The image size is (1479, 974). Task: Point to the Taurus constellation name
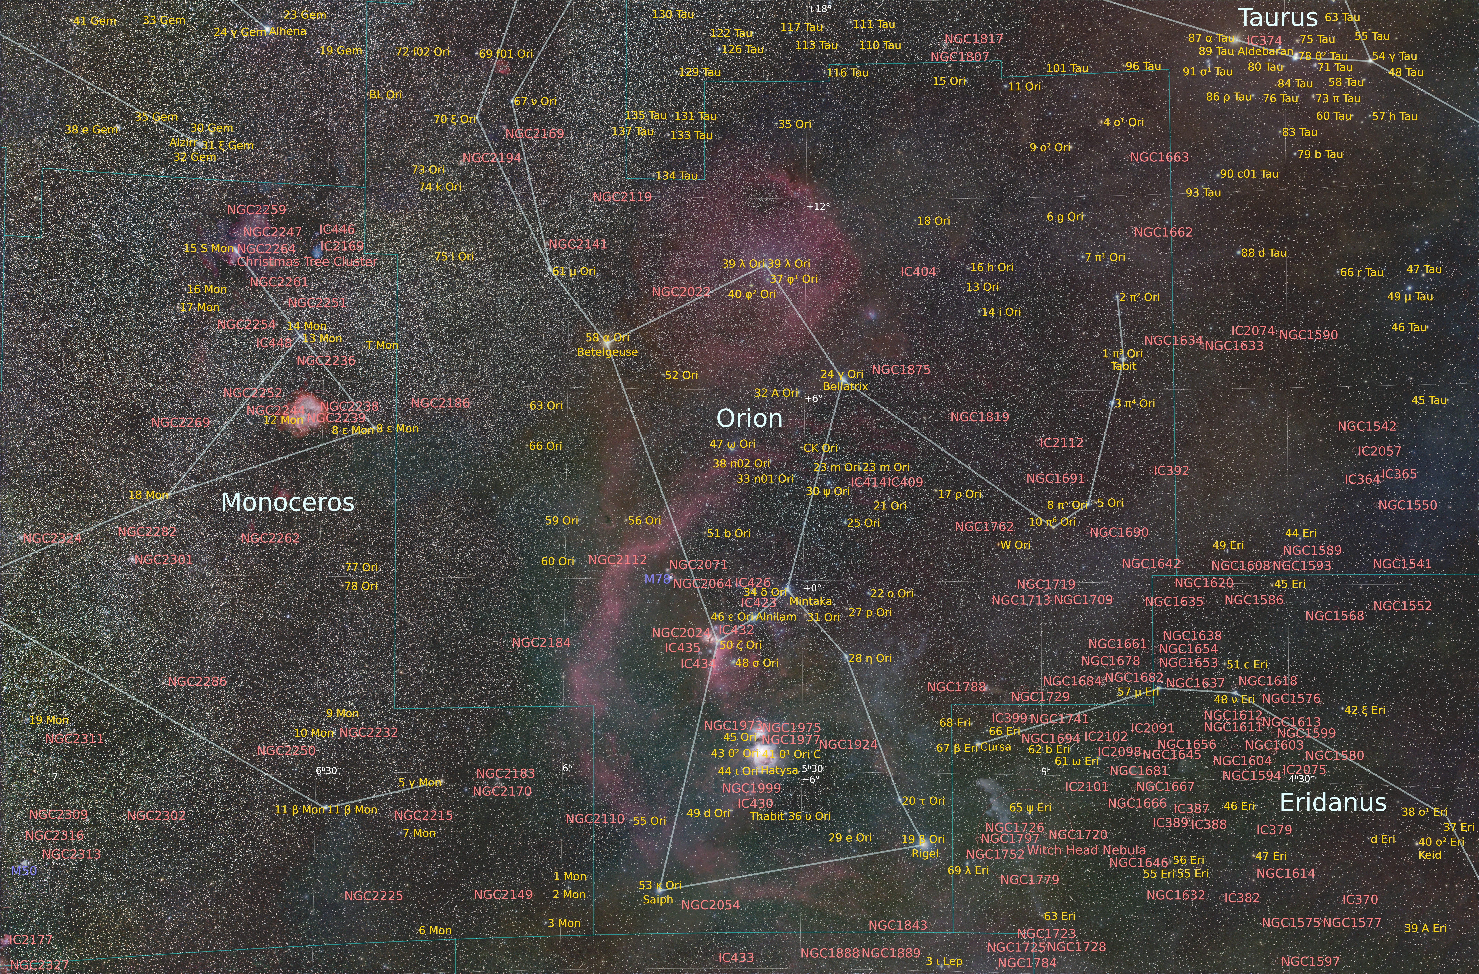click(1278, 18)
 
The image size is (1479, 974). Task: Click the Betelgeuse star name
click(607, 352)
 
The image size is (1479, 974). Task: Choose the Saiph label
click(658, 899)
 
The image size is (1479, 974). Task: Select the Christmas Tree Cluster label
click(307, 262)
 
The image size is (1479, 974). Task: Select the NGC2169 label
click(534, 134)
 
